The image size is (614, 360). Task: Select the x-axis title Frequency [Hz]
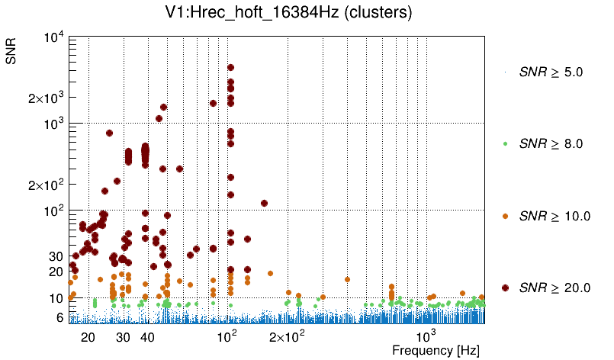tap(436, 351)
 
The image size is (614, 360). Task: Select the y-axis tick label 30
tap(54, 256)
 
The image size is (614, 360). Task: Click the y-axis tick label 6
tap(58, 317)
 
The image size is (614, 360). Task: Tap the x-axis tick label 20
tap(88, 337)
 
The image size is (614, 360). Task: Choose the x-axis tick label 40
tap(148, 337)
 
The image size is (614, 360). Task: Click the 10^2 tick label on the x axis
tap(228, 336)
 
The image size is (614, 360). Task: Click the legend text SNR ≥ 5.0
tap(551, 72)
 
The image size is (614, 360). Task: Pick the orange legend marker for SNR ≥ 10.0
tap(505, 216)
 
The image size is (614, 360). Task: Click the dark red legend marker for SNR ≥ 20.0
tap(505, 288)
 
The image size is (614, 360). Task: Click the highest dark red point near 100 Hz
tap(230, 68)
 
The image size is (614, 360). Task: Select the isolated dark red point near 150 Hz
tap(264, 203)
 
